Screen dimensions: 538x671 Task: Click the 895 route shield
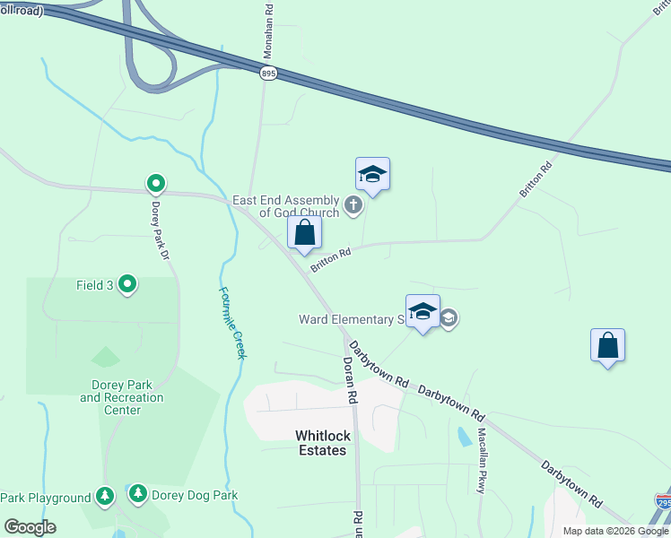tap(269, 74)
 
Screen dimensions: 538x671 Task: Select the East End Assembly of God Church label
tap(286, 206)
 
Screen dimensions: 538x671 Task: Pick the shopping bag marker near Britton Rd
tap(305, 233)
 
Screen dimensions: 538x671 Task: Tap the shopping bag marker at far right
tap(607, 345)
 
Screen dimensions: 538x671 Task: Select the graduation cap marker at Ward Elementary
tap(423, 312)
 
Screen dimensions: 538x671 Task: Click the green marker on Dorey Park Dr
tap(155, 185)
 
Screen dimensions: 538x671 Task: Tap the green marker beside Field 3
tap(127, 285)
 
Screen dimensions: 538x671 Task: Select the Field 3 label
tap(94, 286)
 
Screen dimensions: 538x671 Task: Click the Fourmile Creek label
tap(231, 323)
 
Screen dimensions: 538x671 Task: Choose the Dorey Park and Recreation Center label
tap(123, 397)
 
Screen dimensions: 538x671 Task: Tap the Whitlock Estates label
tap(321, 443)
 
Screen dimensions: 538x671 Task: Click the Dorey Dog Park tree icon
tap(137, 493)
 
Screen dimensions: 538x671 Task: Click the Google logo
tap(30, 527)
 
